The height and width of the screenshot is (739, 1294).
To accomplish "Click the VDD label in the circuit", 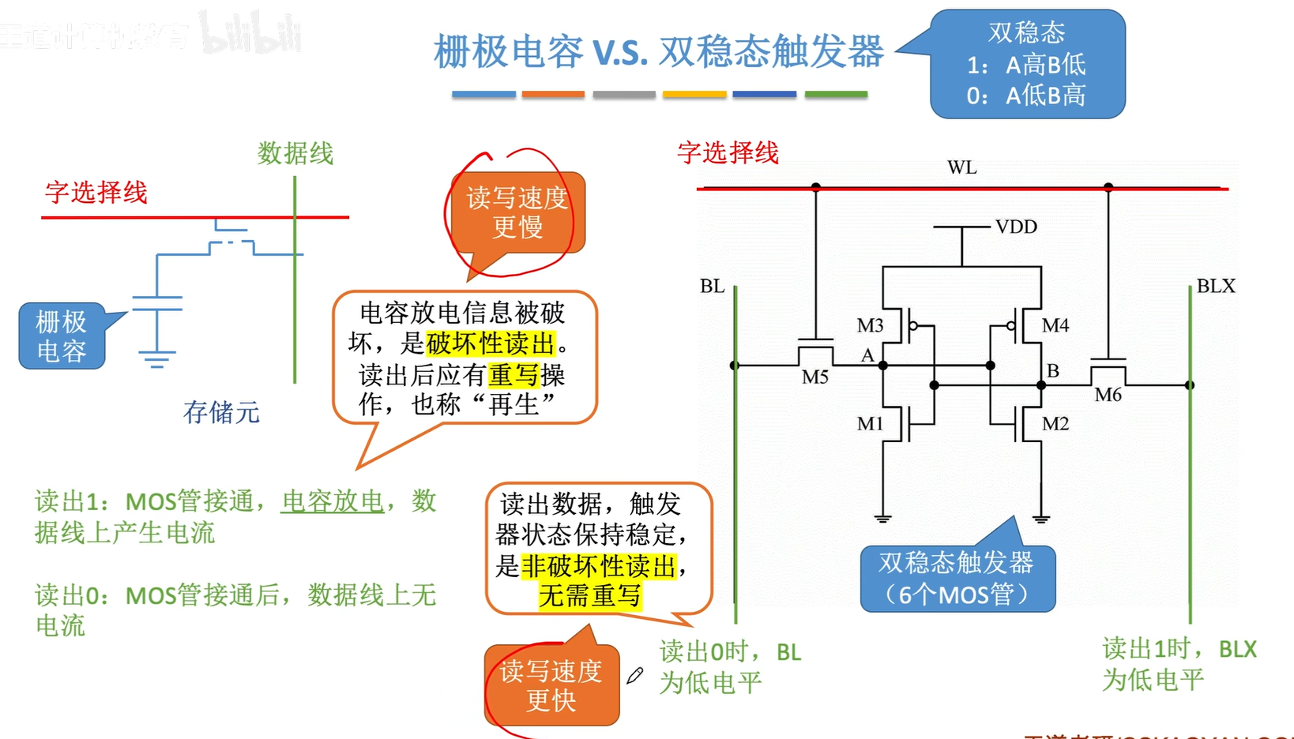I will pyautogui.click(x=1015, y=227).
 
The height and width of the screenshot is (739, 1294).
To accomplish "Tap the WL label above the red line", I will pyautogui.click(x=961, y=167).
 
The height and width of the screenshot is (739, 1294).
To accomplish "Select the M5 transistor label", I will pyautogui.click(x=814, y=377).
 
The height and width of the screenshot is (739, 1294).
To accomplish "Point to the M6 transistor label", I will pyautogui.click(x=1108, y=395).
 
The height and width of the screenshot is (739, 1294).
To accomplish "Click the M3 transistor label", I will pyautogui.click(x=870, y=325).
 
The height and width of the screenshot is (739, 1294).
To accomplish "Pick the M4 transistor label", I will pyautogui.click(x=1055, y=325).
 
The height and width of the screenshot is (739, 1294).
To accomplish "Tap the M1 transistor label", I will pyautogui.click(x=870, y=424).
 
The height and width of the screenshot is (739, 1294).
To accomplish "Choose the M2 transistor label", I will pyautogui.click(x=1055, y=424).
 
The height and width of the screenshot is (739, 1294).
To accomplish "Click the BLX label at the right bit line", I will pyautogui.click(x=1215, y=286).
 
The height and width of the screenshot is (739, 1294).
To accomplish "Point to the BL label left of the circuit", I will pyautogui.click(x=712, y=286).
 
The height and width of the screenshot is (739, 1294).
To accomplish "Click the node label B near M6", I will pyautogui.click(x=1052, y=370).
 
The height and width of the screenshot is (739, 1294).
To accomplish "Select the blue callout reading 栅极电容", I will pyautogui.click(x=62, y=336).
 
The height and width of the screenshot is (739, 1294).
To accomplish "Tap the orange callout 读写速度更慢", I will pyautogui.click(x=517, y=212).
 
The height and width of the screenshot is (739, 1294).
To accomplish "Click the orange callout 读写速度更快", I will pyautogui.click(x=551, y=685).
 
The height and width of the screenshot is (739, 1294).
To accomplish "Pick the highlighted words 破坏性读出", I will pyautogui.click(x=491, y=343).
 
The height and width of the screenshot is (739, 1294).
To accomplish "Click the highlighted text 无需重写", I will pyautogui.click(x=589, y=595).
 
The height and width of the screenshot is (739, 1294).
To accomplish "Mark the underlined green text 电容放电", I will pyautogui.click(x=333, y=501).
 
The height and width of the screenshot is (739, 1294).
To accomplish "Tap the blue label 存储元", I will pyautogui.click(x=221, y=411).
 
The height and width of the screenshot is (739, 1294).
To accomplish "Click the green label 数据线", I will pyautogui.click(x=295, y=153).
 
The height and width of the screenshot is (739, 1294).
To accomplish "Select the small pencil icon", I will pyautogui.click(x=635, y=675).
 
